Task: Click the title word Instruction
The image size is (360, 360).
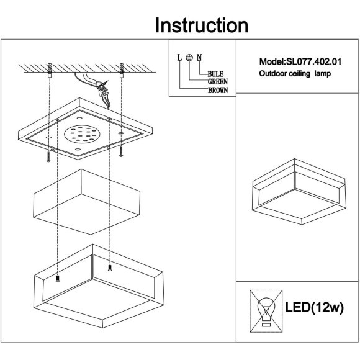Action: (x=202, y=25)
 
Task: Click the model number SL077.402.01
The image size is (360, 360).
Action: (x=314, y=62)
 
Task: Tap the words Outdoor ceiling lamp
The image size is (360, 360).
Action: (x=295, y=74)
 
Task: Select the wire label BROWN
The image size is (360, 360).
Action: (x=218, y=90)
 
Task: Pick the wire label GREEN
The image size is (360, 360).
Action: (x=218, y=82)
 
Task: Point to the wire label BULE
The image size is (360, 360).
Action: (x=215, y=74)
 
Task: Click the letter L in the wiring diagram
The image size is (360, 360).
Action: (x=179, y=58)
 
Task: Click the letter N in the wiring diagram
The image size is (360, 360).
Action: (x=199, y=58)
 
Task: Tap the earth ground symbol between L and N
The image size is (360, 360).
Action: (x=189, y=57)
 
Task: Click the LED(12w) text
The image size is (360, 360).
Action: (x=314, y=307)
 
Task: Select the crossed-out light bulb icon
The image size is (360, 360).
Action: (x=266, y=311)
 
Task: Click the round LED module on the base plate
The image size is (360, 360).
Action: (x=82, y=134)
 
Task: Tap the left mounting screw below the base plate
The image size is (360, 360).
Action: (x=48, y=156)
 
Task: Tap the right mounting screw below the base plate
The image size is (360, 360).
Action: (x=121, y=151)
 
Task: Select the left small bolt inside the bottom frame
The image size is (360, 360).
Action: (x=58, y=279)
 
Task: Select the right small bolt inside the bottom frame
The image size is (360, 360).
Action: (x=110, y=268)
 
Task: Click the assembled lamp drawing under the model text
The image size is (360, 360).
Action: (x=299, y=191)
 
